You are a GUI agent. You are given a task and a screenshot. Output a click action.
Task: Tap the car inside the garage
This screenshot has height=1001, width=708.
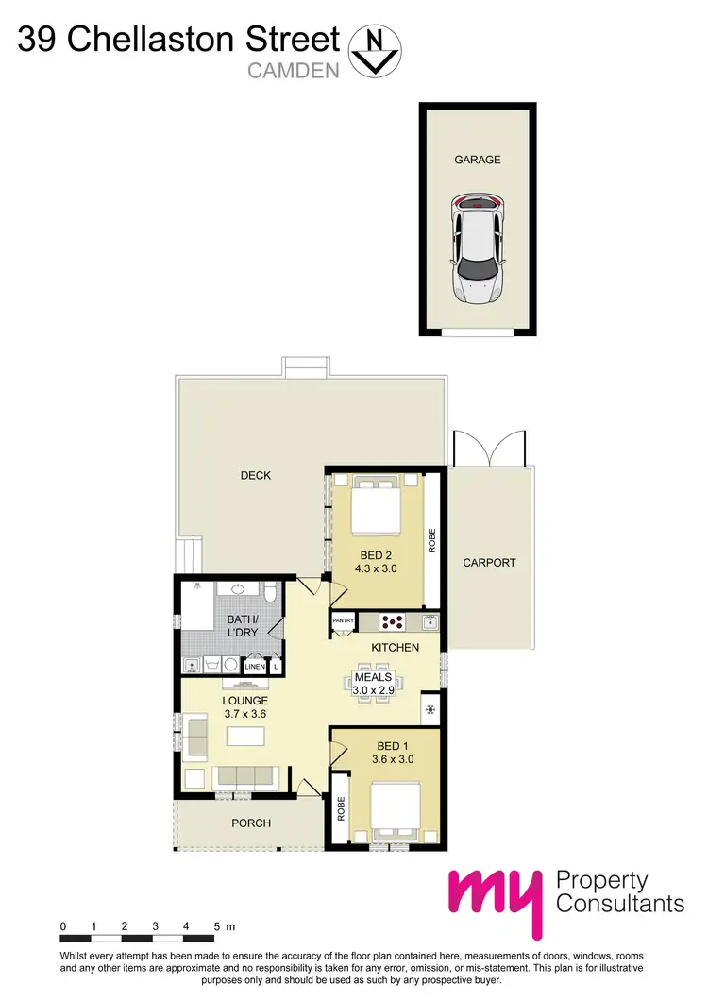tap(477, 247)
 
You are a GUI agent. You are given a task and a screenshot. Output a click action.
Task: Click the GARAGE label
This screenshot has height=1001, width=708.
tap(477, 160)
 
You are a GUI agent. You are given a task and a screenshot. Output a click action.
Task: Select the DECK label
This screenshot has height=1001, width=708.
tap(256, 475)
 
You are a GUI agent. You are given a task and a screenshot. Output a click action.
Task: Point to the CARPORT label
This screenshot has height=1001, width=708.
tap(490, 563)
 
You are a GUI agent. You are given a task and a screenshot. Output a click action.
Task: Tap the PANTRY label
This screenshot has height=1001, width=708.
tap(343, 621)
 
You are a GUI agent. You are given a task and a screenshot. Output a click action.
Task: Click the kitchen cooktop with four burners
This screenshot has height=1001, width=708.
tap(393, 622)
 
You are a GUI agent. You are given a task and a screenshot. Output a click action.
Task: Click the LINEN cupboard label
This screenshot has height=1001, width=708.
tap(255, 667)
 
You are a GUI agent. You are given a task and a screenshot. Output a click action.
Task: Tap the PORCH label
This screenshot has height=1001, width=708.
tap(251, 823)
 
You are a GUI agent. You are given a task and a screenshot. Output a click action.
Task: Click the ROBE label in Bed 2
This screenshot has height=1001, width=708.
tap(432, 539)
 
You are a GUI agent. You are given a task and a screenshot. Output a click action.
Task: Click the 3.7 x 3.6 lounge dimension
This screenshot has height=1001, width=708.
tap(245, 715)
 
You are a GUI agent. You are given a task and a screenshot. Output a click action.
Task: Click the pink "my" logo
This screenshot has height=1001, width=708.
tap(496, 897)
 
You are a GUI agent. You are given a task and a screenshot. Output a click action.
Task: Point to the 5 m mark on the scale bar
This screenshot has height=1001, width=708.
tap(217, 925)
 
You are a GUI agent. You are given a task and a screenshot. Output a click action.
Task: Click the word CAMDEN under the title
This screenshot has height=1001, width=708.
tap(292, 70)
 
